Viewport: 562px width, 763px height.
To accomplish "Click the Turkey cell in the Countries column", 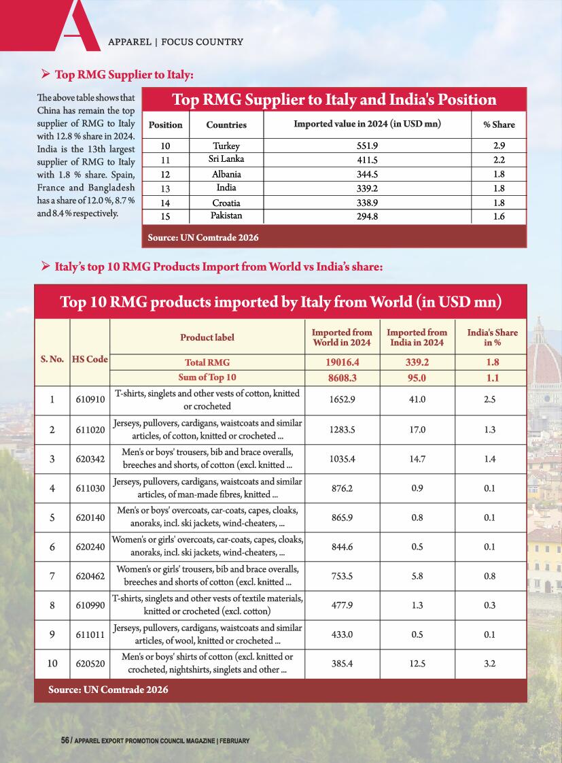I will point(226,146).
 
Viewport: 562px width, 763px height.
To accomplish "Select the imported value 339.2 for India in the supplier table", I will point(367,188).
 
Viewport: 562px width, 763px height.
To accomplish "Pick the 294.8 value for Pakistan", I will point(367,217).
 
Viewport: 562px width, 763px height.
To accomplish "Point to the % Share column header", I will point(499,124).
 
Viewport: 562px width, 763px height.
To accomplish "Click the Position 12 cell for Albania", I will point(165,174).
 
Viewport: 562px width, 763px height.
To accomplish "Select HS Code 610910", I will point(90,399).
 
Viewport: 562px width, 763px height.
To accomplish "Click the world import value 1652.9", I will point(342,399).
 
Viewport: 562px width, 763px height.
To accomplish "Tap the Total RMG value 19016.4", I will point(341,363).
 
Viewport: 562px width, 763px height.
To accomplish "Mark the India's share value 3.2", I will point(489,663).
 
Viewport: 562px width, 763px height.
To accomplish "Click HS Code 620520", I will point(90,663).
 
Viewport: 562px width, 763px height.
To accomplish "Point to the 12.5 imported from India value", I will point(417,663).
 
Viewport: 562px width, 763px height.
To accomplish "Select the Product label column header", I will point(207,337).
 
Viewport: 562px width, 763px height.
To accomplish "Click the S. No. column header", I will point(52,358).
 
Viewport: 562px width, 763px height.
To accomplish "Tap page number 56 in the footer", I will point(65,740).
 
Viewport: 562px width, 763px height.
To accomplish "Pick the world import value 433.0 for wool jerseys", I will point(342,634).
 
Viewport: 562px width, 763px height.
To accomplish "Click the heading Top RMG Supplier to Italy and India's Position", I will point(334,100).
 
